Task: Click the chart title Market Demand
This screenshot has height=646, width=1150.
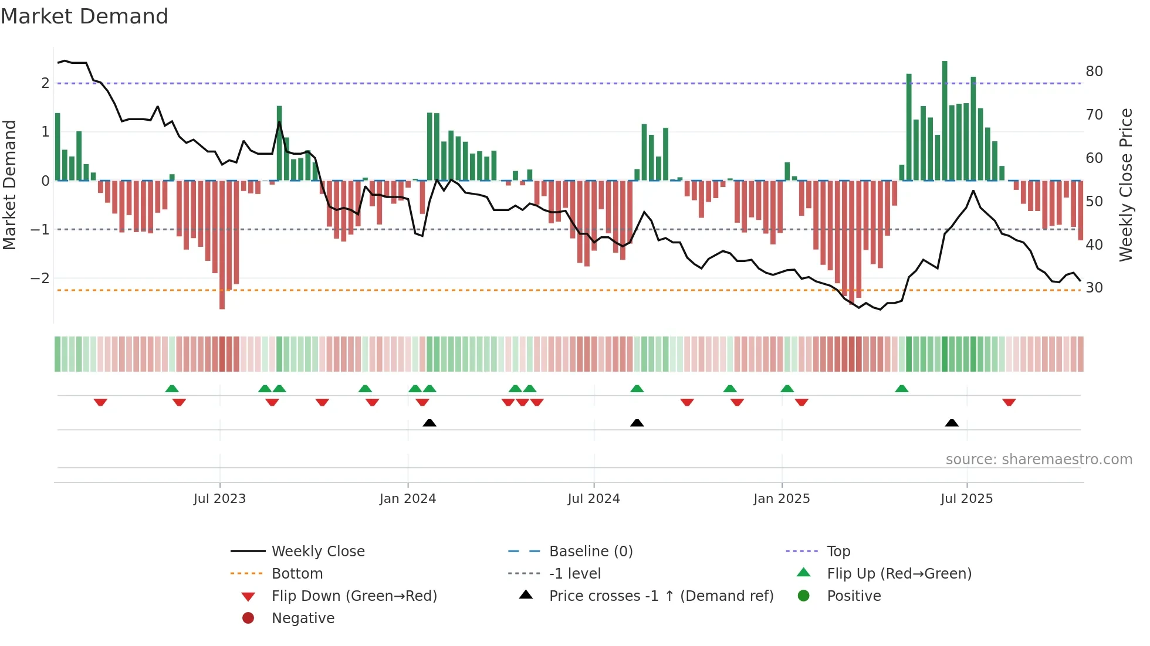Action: [x=84, y=16]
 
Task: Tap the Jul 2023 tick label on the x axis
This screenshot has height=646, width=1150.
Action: [x=219, y=499]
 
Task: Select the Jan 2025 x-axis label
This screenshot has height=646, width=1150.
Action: [x=782, y=499]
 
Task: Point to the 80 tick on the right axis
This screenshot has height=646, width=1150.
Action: [x=1094, y=72]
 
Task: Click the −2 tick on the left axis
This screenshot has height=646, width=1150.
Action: [x=40, y=278]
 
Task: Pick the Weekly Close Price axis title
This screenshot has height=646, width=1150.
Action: [x=1126, y=185]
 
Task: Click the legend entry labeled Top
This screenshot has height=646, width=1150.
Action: [x=838, y=552]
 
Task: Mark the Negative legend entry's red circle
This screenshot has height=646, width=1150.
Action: [x=248, y=618]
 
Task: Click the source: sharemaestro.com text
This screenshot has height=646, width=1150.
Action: [x=1039, y=460]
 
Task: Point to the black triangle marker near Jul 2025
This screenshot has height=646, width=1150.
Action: [x=952, y=423]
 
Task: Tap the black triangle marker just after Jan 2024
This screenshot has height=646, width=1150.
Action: [x=429, y=423]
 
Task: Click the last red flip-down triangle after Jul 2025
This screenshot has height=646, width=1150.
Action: [x=1009, y=402]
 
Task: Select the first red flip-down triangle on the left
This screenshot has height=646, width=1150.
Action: [x=100, y=402]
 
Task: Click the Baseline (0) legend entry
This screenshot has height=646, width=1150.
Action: [x=590, y=552]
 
